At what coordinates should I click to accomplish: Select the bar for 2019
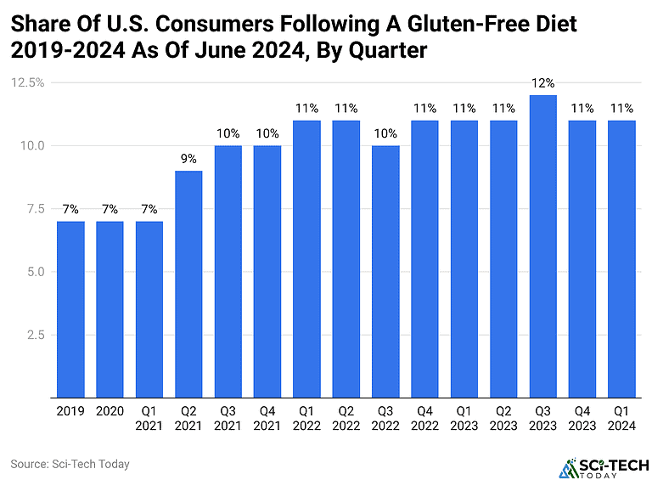pos(70,309)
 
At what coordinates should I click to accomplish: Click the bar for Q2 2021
pos(188,284)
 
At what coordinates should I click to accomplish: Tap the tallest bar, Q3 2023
pos(543,246)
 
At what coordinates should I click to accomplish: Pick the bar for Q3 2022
pos(385,272)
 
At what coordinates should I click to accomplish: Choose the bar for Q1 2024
pos(622,259)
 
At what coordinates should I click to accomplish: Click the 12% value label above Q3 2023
pos(543,83)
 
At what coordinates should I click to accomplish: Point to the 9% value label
pos(188,159)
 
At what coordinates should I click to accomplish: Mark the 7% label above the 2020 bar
pos(110,209)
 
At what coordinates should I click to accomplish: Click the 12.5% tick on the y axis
pos(28,83)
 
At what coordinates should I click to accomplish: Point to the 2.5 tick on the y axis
pos(34,335)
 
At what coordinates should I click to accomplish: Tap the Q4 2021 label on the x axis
pos(267,418)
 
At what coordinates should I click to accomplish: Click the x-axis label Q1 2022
pos(306,418)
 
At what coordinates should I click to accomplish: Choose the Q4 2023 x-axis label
pos(582,418)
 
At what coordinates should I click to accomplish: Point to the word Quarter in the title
pos(386,51)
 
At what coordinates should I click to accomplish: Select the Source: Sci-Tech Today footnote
pos(70,464)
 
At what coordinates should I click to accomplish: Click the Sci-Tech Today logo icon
pos(567,467)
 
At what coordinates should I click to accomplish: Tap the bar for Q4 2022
pos(425,259)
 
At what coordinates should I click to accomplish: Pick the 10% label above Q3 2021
pos(228,133)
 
